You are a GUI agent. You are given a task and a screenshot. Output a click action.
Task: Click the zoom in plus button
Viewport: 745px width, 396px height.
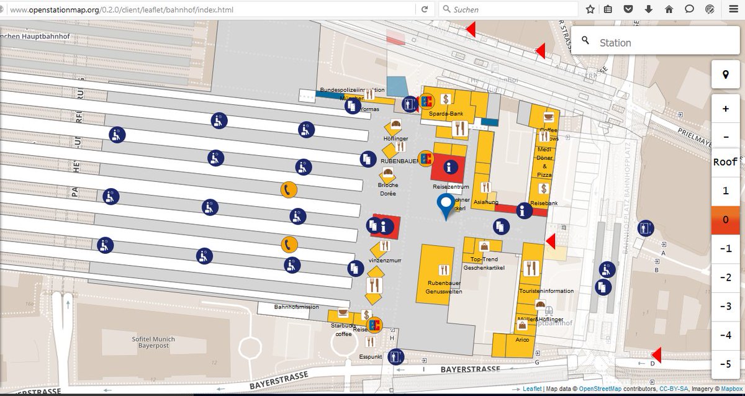coord(726,109)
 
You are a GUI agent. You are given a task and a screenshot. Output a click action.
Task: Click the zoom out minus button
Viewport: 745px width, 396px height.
coord(726,136)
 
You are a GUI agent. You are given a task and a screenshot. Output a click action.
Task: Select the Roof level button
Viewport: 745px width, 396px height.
coord(726,162)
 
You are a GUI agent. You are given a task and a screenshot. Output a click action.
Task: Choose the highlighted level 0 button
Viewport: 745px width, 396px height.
coord(726,220)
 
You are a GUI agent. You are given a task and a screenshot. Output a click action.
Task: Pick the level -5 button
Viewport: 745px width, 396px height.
coord(726,364)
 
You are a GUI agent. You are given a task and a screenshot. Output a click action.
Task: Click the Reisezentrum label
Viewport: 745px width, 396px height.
coord(450,186)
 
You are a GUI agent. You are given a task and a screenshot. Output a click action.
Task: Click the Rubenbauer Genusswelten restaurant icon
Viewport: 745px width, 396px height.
coord(443,270)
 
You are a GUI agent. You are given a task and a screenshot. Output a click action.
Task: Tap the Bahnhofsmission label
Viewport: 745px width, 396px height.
coord(297,307)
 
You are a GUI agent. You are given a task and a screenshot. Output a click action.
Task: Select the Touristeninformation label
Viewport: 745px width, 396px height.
coord(546,290)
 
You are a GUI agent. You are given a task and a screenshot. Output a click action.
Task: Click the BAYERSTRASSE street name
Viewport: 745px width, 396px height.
coord(470,369)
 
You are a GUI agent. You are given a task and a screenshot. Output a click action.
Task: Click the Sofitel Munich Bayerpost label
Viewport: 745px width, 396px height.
coord(153,343)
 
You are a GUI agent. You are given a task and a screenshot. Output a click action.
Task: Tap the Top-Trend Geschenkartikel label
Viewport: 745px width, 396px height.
coord(484,263)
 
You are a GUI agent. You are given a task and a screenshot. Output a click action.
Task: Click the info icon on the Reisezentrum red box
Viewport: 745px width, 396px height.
coord(451,166)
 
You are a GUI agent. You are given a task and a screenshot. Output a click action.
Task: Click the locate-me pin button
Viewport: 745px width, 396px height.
coord(726,74)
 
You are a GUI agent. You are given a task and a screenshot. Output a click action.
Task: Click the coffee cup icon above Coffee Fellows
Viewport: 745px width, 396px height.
coord(548,117)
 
